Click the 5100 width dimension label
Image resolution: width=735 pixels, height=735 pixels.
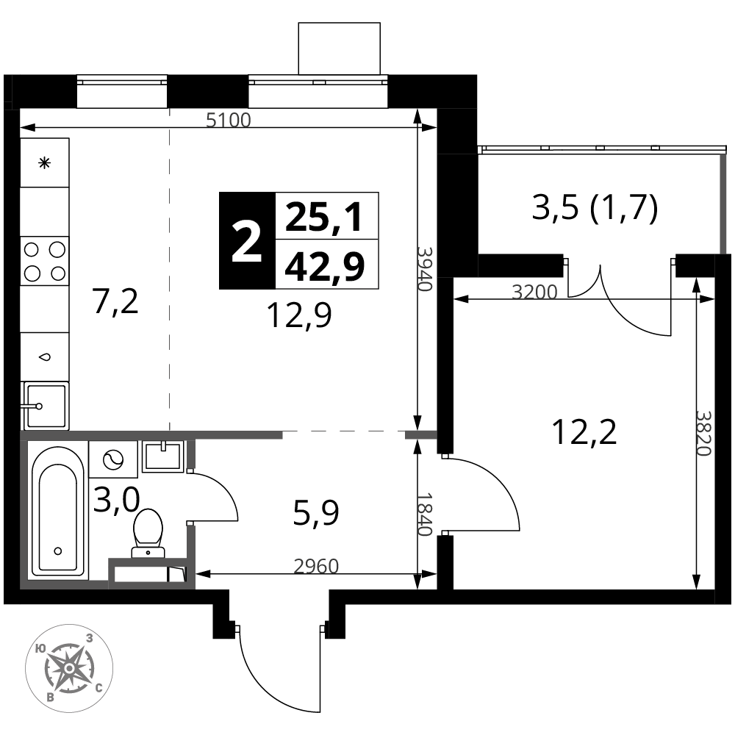tap(229, 121)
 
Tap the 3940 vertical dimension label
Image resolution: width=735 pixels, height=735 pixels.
tap(425, 268)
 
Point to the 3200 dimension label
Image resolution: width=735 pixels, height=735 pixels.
tap(534, 292)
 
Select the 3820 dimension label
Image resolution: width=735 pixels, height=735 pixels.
tap(704, 433)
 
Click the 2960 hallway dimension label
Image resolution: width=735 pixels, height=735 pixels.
tap(316, 566)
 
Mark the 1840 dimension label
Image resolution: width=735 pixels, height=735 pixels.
tap(425, 514)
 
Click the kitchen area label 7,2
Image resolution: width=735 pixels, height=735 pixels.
tap(115, 301)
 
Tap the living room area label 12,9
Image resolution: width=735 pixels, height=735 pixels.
tap(299, 315)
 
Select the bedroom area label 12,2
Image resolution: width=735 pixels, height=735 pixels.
tap(584, 431)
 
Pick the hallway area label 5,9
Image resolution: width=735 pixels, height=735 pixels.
tap(316, 513)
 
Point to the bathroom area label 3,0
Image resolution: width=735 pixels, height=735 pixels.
tap(117, 500)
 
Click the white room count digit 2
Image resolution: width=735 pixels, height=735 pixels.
tap(246, 242)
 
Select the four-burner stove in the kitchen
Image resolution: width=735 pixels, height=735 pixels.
tap(45, 261)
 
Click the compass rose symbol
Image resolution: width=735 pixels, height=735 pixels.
tap(69, 668)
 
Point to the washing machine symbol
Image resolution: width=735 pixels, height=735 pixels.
tap(113, 459)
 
